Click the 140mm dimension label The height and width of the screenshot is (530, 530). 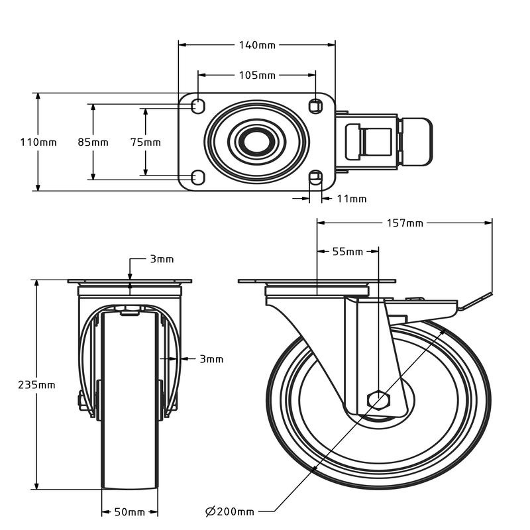tap(257, 45)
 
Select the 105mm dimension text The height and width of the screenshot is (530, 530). tap(257, 75)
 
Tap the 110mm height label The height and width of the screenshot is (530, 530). tap(38, 142)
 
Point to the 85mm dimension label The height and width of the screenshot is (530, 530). tap(93, 142)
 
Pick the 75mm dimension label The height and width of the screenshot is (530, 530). tap(145, 142)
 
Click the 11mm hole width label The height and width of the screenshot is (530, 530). tap(352, 199)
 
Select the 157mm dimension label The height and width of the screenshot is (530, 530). tap(405, 223)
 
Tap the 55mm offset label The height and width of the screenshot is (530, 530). tap(347, 252)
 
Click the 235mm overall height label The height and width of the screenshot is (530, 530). tap(36, 385)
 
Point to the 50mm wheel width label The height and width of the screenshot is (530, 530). tap(129, 512)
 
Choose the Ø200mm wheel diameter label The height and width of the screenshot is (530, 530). tap(229, 511)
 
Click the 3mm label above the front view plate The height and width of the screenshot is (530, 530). tap(162, 259)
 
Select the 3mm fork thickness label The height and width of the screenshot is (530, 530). tap(211, 359)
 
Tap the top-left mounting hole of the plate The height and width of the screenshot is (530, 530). tap(198, 107)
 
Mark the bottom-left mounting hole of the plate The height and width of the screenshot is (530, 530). tap(198, 177)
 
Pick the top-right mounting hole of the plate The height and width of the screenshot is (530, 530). tap(316, 107)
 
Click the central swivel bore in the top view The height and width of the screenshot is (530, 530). tap(256, 142)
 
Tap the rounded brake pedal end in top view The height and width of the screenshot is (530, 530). tap(417, 142)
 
